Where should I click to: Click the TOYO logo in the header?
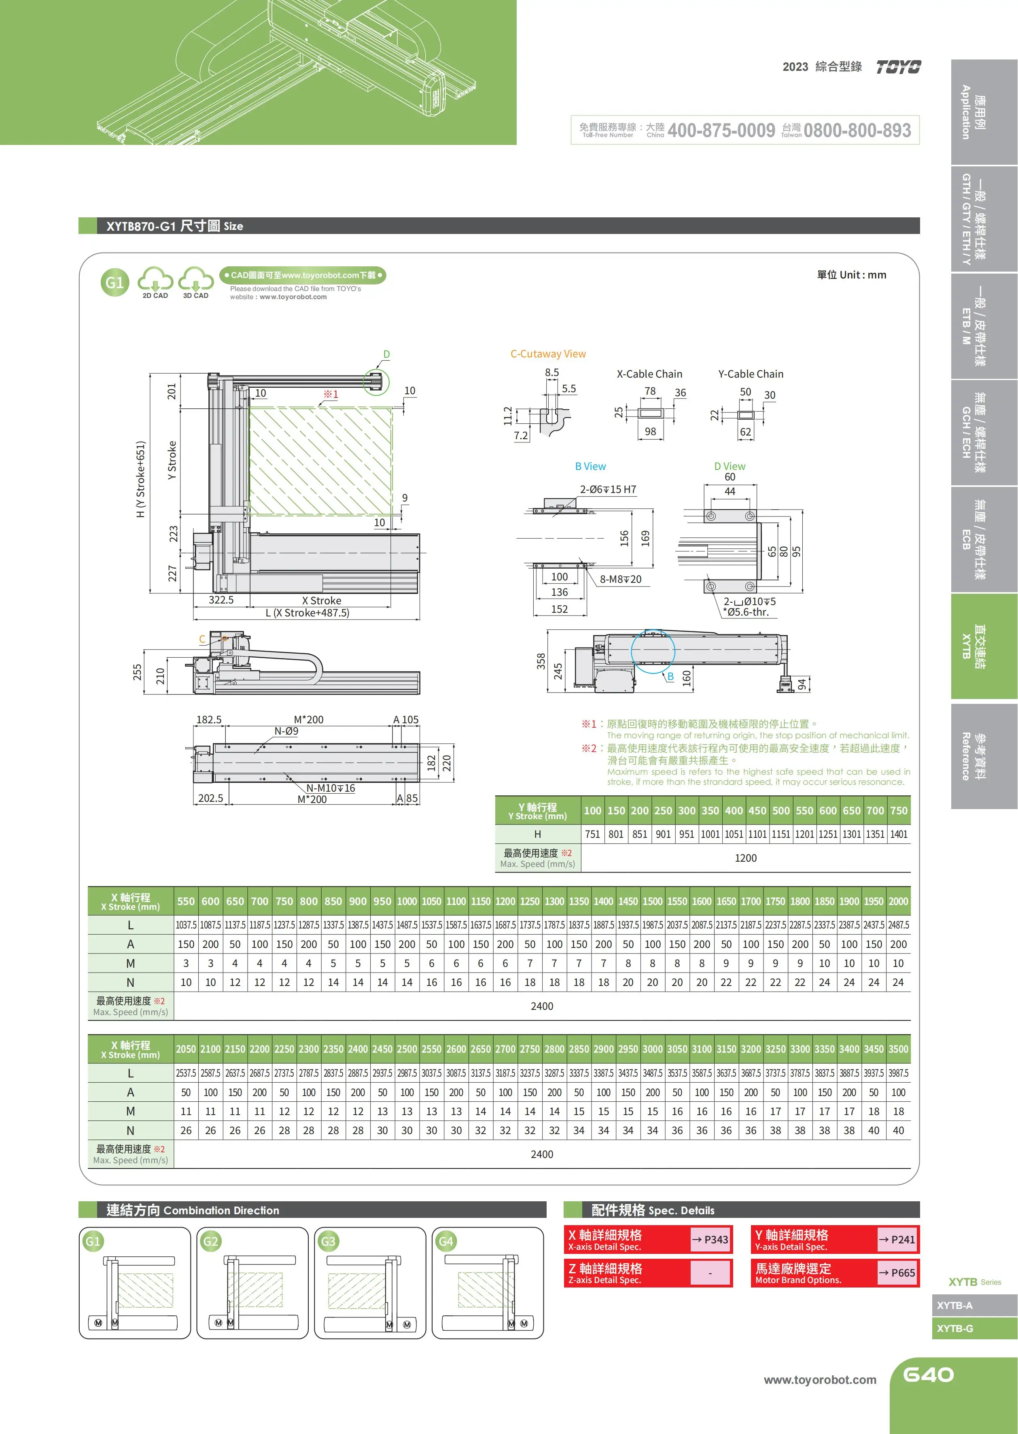click(x=898, y=67)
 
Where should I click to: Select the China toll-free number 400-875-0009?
click(x=721, y=130)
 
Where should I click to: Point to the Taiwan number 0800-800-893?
click(x=857, y=130)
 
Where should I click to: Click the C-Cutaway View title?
click(x=548, y=354)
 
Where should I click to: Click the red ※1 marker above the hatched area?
click(x=330, y=394)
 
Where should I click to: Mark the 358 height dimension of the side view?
click(x=540, y=661)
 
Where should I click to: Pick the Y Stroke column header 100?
click(x=592, y=811)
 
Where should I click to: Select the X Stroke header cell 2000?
click(x=898, y=901)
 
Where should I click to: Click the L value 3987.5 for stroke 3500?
click(x=898, y=1073)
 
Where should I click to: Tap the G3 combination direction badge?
click(x=328, y=1241)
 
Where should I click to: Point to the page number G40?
click(x=928, y=1375)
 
